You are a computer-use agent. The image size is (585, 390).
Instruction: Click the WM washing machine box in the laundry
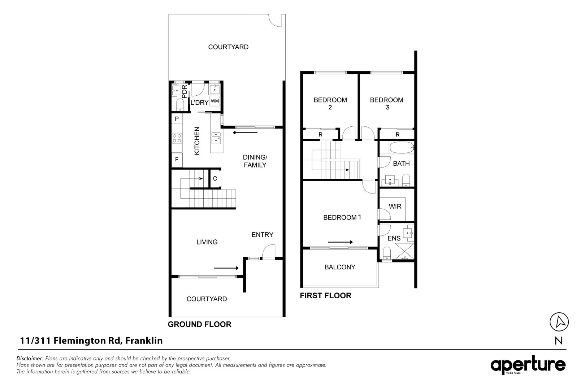[x=215, y=101]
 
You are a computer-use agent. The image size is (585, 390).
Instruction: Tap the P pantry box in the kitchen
[x=177, y=119]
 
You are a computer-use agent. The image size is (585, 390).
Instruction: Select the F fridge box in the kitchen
[x=177, y=159]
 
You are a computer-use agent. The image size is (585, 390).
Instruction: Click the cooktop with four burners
[x=177, y=138]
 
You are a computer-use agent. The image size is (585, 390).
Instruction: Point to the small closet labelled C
[x=215, y=178]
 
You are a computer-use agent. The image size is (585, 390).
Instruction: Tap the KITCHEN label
[x=197, y=141]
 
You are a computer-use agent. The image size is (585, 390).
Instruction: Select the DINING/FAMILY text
[x=255, y=161]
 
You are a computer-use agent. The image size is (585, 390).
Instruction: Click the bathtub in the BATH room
[x=401, y=148]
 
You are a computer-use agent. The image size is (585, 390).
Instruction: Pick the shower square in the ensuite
[x=404, y=251]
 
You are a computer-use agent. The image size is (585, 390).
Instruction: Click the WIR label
[x=395, y=207]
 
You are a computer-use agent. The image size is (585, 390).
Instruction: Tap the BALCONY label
[x=340, y=267]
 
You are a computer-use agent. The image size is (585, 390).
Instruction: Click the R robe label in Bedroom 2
[x=320, y=135]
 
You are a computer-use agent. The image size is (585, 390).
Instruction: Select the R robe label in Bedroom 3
[x=398, y=135]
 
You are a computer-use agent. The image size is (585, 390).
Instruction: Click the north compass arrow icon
[x=559, y=321]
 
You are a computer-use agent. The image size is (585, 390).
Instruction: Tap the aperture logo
[x=528, y=365]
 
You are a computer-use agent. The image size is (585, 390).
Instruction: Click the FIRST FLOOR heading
[x=325, y=296]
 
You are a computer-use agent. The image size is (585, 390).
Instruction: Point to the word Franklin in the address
[x=144, y=341]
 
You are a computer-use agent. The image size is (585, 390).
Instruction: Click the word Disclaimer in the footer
[x=30, y=359]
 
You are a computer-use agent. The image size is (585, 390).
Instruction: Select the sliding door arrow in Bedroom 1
[x=340, y=242]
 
